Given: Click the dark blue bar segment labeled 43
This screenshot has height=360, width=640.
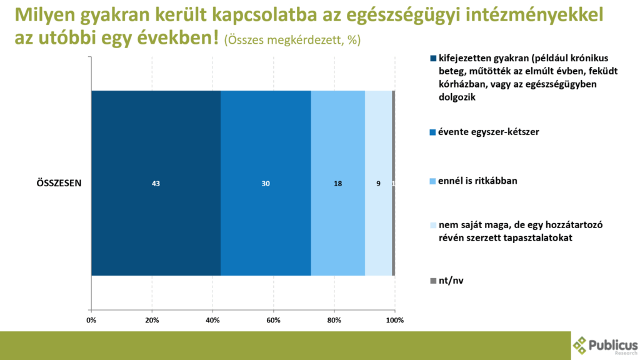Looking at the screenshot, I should (156, 182).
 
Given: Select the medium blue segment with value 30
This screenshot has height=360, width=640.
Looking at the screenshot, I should (266, 182).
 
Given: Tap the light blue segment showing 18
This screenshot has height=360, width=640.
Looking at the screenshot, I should (337, 182).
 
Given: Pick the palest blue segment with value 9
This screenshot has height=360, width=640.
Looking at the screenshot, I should (378, 182).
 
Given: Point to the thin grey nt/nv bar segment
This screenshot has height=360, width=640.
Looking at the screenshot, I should (393, 182).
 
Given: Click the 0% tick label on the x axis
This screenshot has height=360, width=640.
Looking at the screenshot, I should (91, 321).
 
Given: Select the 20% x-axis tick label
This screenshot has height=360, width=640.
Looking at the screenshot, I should (152, 321).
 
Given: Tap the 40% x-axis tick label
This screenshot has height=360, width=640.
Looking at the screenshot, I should (212, 321).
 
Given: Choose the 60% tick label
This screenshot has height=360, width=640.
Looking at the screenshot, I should (273, 321).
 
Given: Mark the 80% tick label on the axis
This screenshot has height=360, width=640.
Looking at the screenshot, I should (334, 321).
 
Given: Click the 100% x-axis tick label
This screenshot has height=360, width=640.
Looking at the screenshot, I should (394, 321).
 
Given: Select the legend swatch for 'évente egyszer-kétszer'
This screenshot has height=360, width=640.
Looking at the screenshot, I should (432, 132).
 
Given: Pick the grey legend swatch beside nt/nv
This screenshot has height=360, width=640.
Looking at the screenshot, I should (432, 281).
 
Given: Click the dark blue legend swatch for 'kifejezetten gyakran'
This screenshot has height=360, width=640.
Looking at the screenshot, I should (432, 59).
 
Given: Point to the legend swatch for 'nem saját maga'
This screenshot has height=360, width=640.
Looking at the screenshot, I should (432, 225).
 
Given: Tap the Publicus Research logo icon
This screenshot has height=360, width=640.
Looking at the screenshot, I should (580, 345).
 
